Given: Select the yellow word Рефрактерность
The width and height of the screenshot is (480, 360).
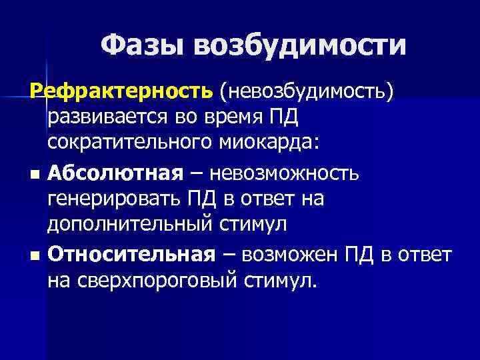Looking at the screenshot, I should point(124,93).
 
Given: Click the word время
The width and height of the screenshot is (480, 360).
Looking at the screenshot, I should point(235,118).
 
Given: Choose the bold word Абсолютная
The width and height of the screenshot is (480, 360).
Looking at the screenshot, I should point(115,173).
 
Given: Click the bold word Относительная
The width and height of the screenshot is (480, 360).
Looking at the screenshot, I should point(131,253).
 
